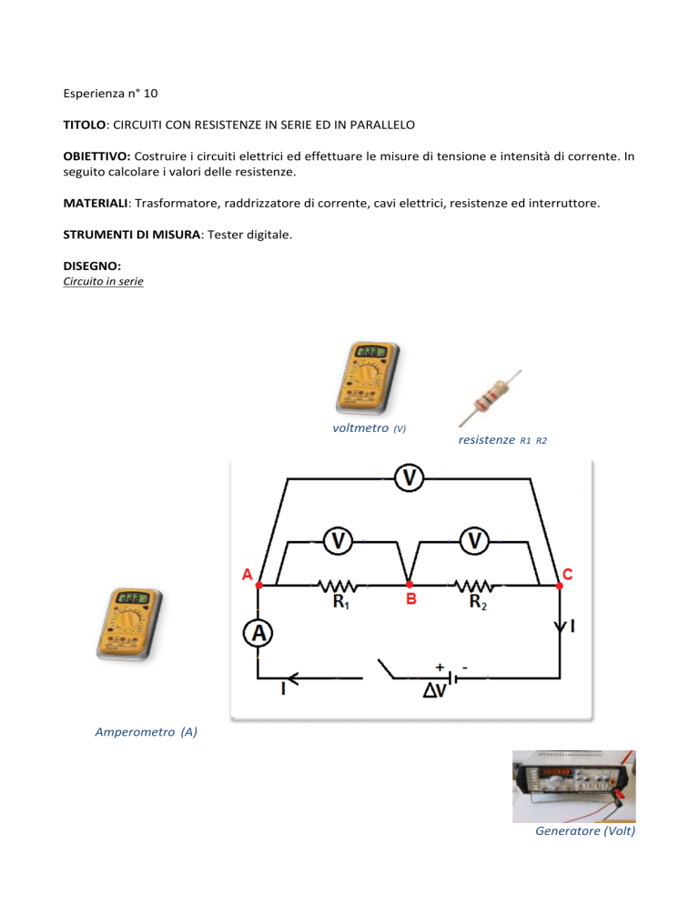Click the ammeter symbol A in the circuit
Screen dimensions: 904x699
(258, 634)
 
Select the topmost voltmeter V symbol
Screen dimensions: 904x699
(410, 477)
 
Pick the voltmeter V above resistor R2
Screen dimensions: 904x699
(473, 541)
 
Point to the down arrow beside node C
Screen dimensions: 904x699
(558, 627)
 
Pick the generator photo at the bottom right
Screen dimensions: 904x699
(573, 786)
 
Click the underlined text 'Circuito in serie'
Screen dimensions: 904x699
(103, 283)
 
